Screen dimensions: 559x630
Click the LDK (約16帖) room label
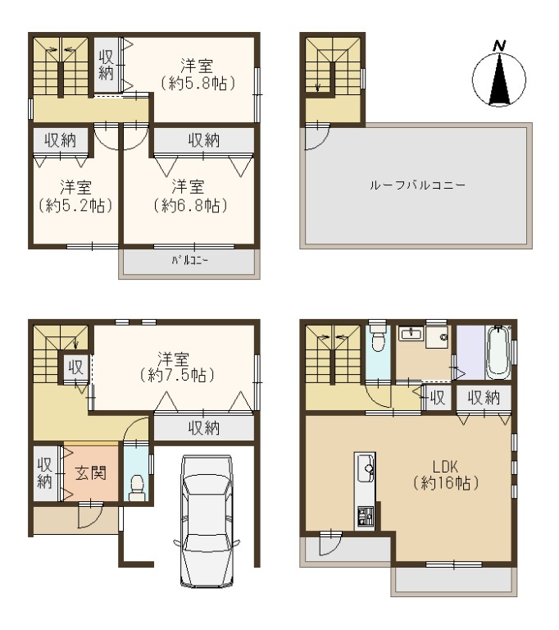coord(446,475)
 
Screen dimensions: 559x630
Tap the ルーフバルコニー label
coord(417,185)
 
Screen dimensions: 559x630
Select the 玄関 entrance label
coord(91,472)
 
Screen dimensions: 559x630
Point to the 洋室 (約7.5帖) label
coord(177,367)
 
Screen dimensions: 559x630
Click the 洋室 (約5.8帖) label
coord(198,75)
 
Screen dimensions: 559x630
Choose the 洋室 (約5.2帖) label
coord(75,197)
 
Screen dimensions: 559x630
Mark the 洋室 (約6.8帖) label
coord(190,197)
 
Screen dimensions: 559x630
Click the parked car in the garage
coord(207,521)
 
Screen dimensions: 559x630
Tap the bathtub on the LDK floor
coord(498,353)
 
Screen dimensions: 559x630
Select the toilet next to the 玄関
coord(137,487)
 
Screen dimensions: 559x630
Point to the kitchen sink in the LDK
coord(365,468)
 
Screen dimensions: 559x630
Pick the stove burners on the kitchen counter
coord(365,516)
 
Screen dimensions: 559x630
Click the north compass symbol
coord(499,79)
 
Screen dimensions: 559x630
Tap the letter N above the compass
coord(499,45)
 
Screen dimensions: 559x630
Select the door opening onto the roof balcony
coord(317,137)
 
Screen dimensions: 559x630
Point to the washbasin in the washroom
coord(410,334)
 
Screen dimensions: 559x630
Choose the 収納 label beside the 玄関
coord(44,473)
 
